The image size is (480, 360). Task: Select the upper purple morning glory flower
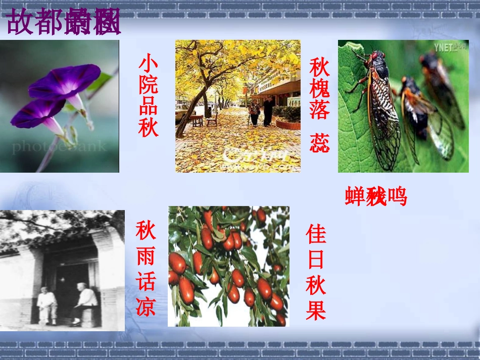66,81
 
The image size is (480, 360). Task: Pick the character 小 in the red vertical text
148,64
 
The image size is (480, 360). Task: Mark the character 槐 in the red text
320,88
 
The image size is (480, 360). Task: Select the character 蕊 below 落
320,143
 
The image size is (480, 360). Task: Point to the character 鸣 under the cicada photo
397,196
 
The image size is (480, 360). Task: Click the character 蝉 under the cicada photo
355,196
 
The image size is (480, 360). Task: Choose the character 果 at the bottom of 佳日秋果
316,310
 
